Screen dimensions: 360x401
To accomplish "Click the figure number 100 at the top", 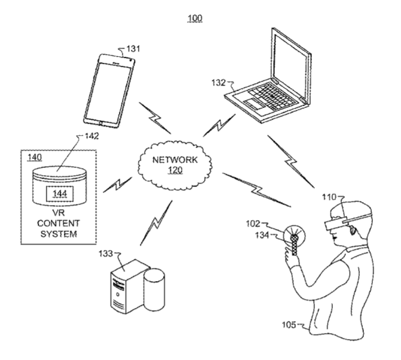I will [x=195, y=19].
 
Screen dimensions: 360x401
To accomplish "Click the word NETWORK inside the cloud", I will [x=176, y=160].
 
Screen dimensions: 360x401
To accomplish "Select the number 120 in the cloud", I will [x=176, y=171].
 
